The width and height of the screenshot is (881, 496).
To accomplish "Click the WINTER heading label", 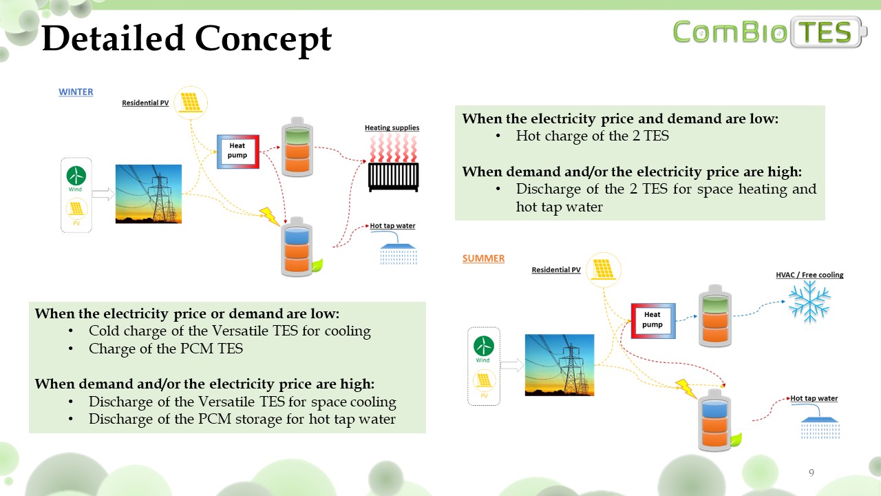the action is click(76, 92).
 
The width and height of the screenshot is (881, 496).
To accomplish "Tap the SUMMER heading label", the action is click(483, 258).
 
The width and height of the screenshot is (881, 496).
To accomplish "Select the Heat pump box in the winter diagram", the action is click(238, 152).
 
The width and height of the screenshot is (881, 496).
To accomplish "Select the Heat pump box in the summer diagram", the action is click(653, 321).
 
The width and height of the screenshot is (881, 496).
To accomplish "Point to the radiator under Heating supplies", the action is click(393, 177).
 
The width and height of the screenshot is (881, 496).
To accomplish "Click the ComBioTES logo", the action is click(769, 32).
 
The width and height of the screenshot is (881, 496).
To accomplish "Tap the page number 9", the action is click(811, 473).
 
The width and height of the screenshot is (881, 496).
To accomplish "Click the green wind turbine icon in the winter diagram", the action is click(76, 176).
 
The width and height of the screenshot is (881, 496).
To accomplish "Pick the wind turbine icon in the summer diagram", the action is click(483, 346).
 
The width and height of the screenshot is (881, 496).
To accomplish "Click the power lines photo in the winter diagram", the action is click(149, 194).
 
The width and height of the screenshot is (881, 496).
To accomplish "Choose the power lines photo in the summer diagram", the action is click(560, 365).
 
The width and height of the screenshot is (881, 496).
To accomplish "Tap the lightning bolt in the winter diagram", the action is click(270, 216).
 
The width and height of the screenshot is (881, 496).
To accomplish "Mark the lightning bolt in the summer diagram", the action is click(686, 389).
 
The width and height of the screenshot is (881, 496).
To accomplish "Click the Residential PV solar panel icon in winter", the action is click(191, 103).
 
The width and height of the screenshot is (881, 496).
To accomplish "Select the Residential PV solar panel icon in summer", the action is click(604, 270).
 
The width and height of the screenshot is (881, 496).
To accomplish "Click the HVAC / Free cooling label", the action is click(810, 275).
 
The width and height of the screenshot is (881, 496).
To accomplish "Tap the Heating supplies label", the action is click(392, 127).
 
